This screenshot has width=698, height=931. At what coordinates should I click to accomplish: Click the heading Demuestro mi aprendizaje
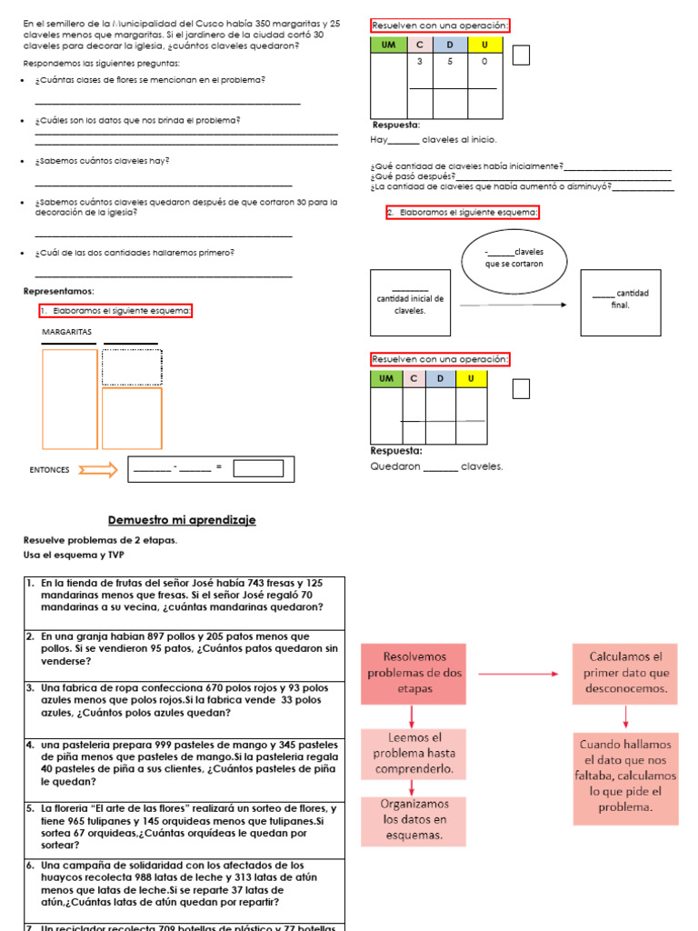tap(182, 520)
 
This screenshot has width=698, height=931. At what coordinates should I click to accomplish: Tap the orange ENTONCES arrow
tap(98, 469)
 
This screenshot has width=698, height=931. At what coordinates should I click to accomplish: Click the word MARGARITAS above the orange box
tap(67, 332)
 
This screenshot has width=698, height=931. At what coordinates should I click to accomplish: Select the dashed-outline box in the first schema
tap(132, 367)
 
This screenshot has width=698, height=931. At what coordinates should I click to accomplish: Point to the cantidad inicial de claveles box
tap(410, 303)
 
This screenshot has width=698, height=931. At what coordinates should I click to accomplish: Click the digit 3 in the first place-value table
tap(420, 62)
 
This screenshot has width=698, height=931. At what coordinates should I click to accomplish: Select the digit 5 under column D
tap(449, 62)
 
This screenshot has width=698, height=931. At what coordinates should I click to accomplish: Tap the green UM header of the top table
tap(389, 45)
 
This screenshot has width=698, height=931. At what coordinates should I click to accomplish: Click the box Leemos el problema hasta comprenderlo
tap(414, 754)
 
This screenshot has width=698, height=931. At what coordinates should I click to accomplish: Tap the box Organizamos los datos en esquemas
tap(414, 820)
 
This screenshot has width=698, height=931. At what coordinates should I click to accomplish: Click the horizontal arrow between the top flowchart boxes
tap(518, 674)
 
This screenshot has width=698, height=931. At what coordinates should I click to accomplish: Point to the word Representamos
tap(58, 291)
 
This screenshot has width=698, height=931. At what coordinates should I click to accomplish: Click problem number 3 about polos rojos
tap(183, 700)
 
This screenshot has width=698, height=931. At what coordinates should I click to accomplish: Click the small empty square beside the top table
tap(521, 55)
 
